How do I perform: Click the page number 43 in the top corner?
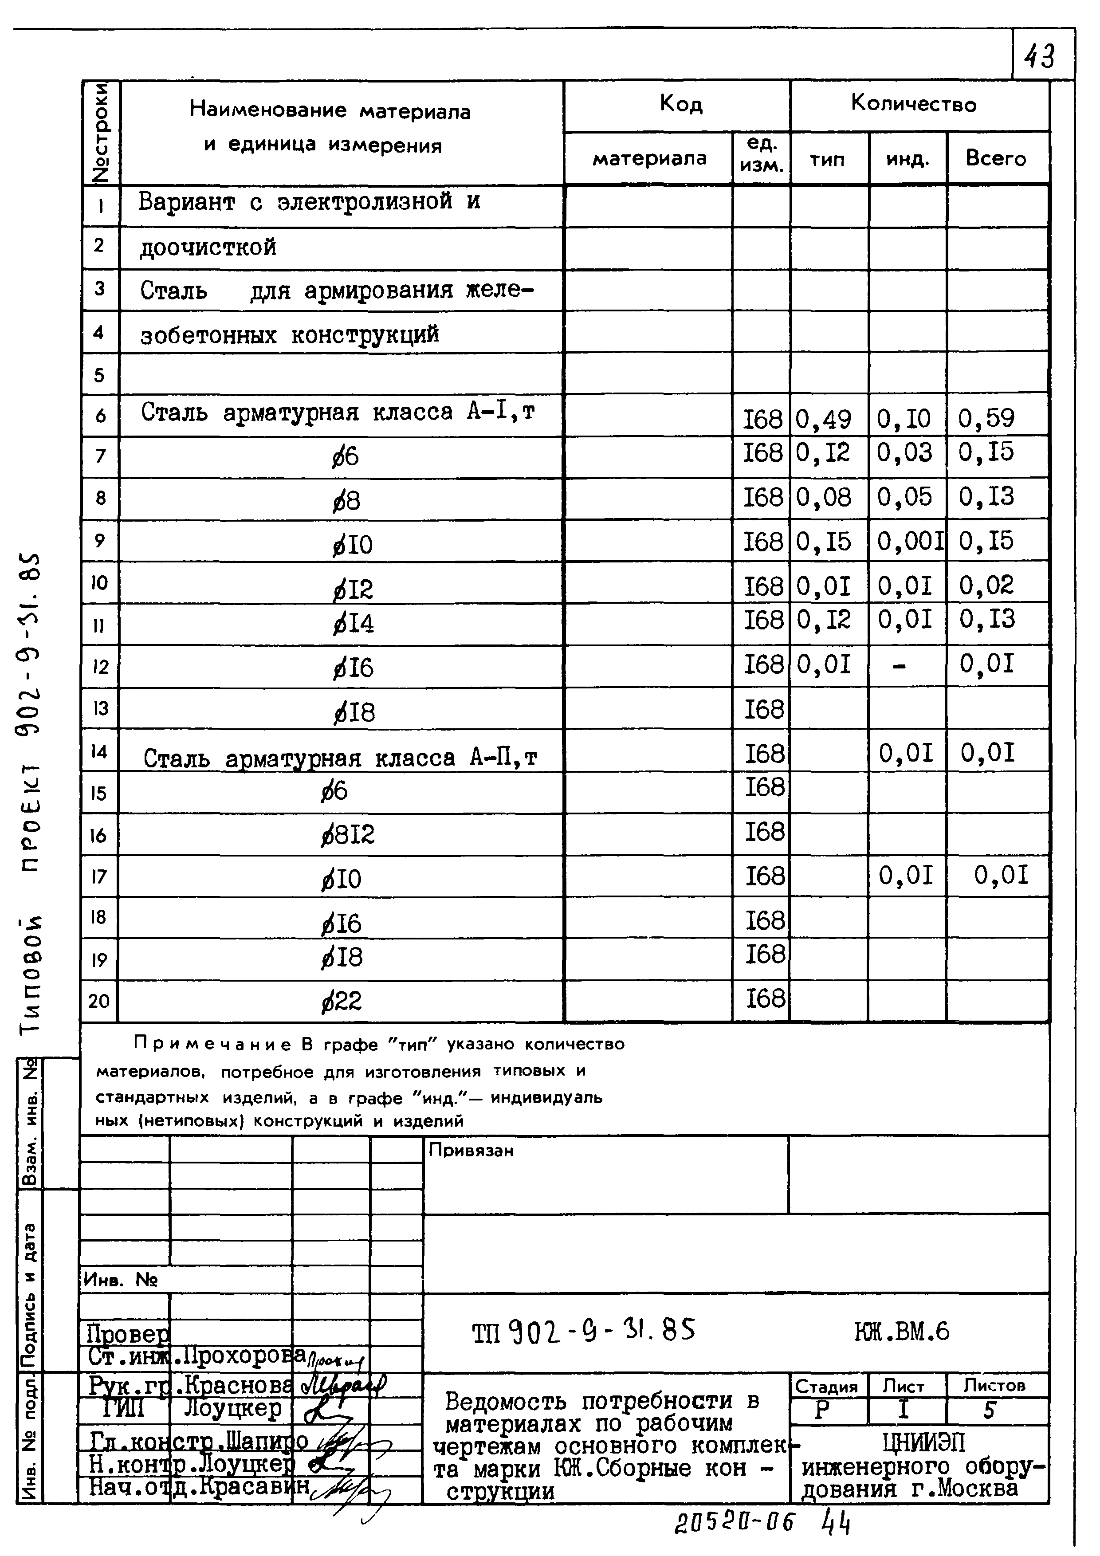(x=1040, y=56)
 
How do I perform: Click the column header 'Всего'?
(x=996, y=159)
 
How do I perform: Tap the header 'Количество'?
(x=914, y=104)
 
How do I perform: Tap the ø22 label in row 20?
(x=342, y=1001)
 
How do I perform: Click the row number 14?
(x=99, y=751)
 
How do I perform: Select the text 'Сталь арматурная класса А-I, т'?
(x=338, y=412)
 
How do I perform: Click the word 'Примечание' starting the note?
(x=212, y=1044)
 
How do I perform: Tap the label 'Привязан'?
(x=471, y=1151)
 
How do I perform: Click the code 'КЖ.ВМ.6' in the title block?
(x=902, y=1332)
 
